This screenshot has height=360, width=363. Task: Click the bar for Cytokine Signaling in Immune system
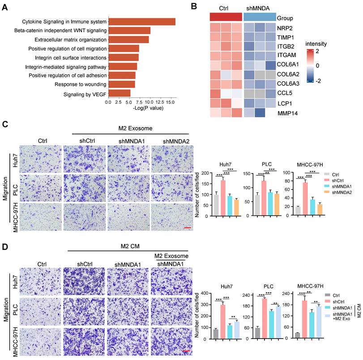coord(141,21)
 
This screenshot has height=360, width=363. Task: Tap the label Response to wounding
coord(80,84)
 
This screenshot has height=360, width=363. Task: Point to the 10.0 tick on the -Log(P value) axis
coord(149,102)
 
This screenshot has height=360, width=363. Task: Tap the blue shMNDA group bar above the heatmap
coord(260,17)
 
